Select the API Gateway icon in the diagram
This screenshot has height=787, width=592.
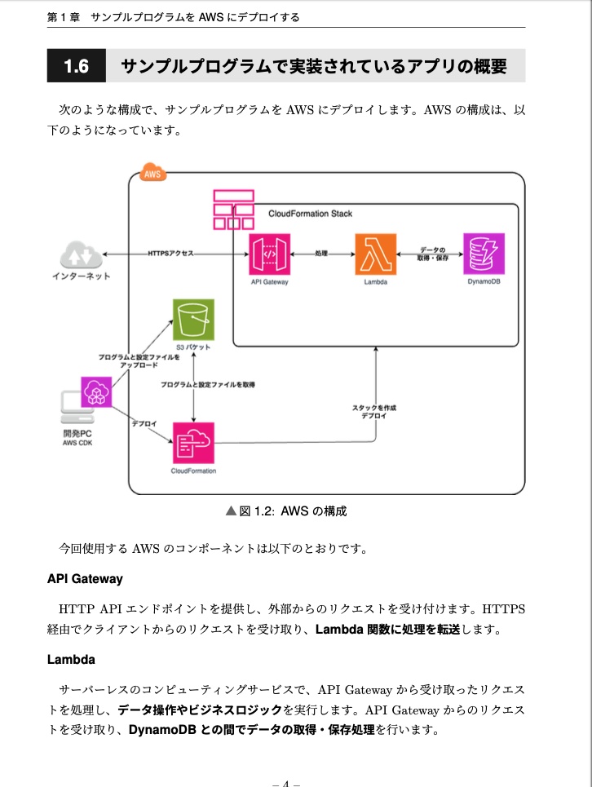(270, 254)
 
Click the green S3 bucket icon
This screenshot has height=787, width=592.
(193, 319)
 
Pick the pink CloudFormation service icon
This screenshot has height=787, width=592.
(193, 443)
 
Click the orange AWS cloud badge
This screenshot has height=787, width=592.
(152, 173)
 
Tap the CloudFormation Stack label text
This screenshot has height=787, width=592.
(311, 214)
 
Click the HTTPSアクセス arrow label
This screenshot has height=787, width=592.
(171, 254)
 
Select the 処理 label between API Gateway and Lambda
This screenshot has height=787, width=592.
(321, 254)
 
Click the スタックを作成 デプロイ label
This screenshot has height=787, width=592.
(374, 411)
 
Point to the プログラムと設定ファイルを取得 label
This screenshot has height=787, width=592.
(208, 384)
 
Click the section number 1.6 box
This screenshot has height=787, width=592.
(77, 66)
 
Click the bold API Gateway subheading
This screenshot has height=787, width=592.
(85, 579)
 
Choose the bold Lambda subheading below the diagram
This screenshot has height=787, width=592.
(72, 658)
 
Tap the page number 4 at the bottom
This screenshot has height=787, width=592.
(286, 784)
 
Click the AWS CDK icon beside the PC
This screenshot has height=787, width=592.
(96, 394)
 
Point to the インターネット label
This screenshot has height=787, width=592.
(82, 276)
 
